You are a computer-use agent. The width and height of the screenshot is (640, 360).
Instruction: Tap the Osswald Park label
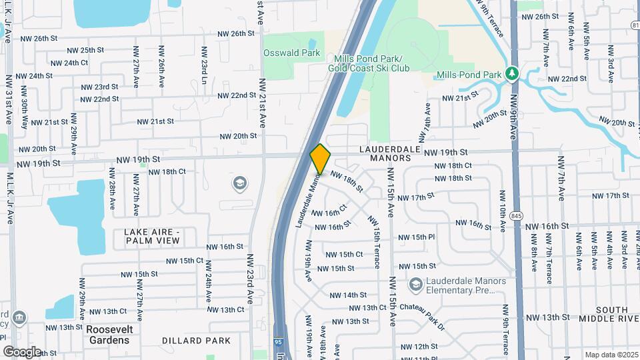291,53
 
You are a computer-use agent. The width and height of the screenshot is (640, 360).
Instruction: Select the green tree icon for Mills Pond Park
512,73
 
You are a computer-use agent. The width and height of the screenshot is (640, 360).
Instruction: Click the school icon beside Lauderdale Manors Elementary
416,285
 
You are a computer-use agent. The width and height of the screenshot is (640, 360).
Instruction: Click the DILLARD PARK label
196,341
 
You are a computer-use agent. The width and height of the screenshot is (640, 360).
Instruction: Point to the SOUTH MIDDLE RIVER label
612,315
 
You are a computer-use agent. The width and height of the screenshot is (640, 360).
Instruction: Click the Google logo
22,351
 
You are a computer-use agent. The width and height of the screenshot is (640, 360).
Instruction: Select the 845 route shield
516,216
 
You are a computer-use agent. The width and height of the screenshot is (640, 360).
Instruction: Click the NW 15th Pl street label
417,237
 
